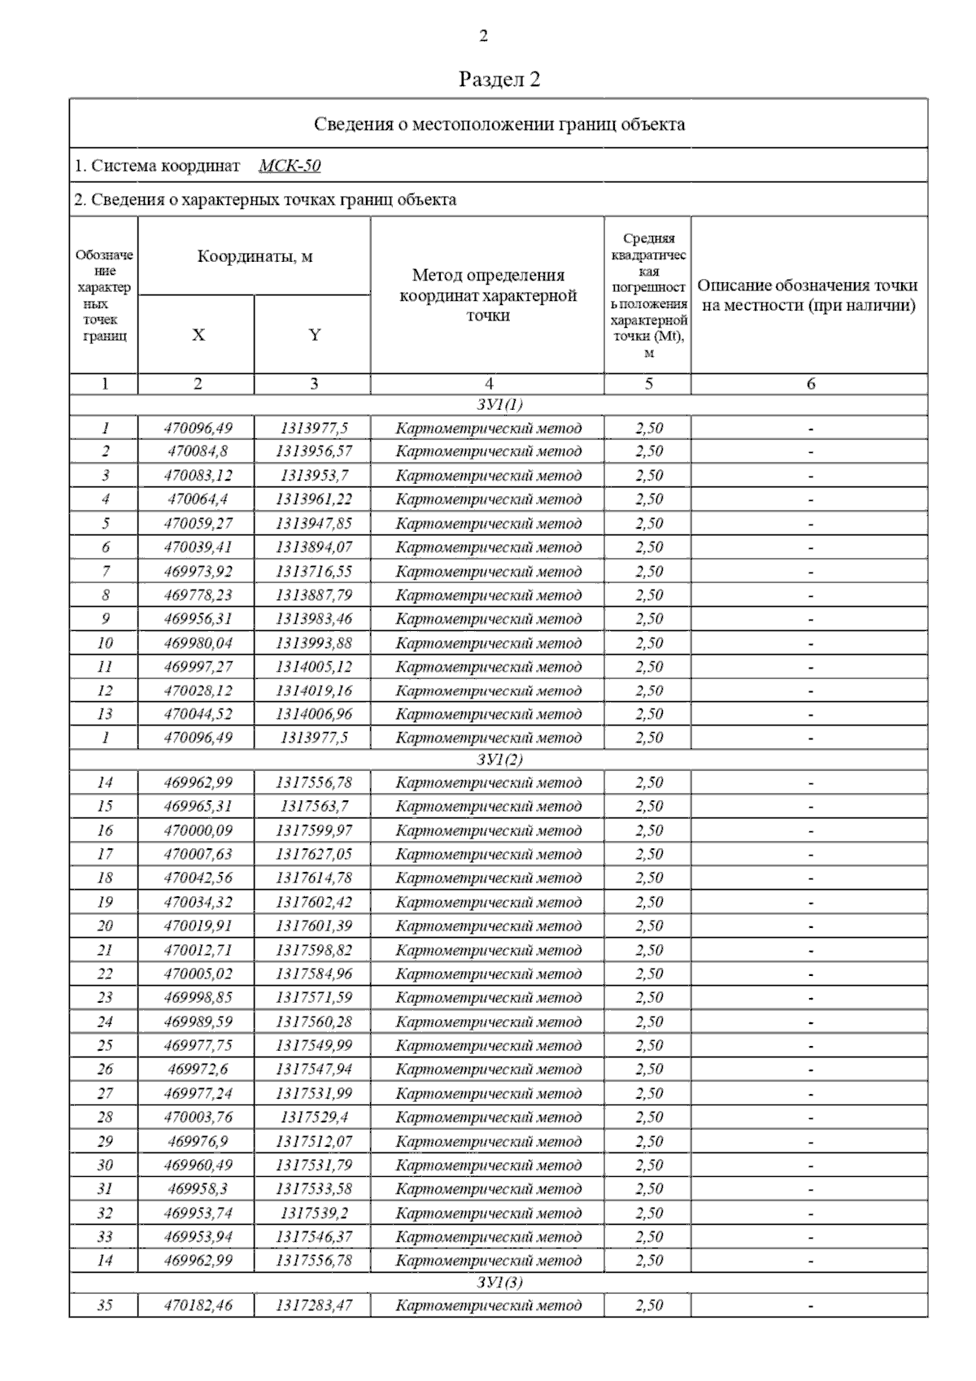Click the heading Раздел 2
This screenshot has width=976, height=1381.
tap(499, 79)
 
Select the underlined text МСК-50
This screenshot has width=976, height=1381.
tap(290, 166)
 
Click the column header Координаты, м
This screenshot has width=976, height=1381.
tap(255, 257)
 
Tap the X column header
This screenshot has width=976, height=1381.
tap(198, 335)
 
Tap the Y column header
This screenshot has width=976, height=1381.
tap(314, 335)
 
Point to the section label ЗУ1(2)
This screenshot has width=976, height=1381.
tap(499, 760)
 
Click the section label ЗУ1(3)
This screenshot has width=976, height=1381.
tap(499, 1283)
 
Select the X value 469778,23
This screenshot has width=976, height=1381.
tap(198, 595)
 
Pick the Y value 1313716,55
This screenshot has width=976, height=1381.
tap(314, 571)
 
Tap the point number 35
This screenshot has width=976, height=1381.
tap(105, 1305)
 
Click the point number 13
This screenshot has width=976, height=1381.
tap(105, 714)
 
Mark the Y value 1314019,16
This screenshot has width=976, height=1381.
tap(314, 690)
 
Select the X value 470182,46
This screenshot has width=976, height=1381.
tap(198, 1305)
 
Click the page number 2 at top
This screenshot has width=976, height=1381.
tap(484, 36)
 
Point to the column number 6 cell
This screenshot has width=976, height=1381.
tap(810, 384)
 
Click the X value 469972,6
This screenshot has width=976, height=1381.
tap(198, 1069)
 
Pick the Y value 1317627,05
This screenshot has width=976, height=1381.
tap(314, 854)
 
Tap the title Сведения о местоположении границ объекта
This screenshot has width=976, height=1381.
tap(499, 124)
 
